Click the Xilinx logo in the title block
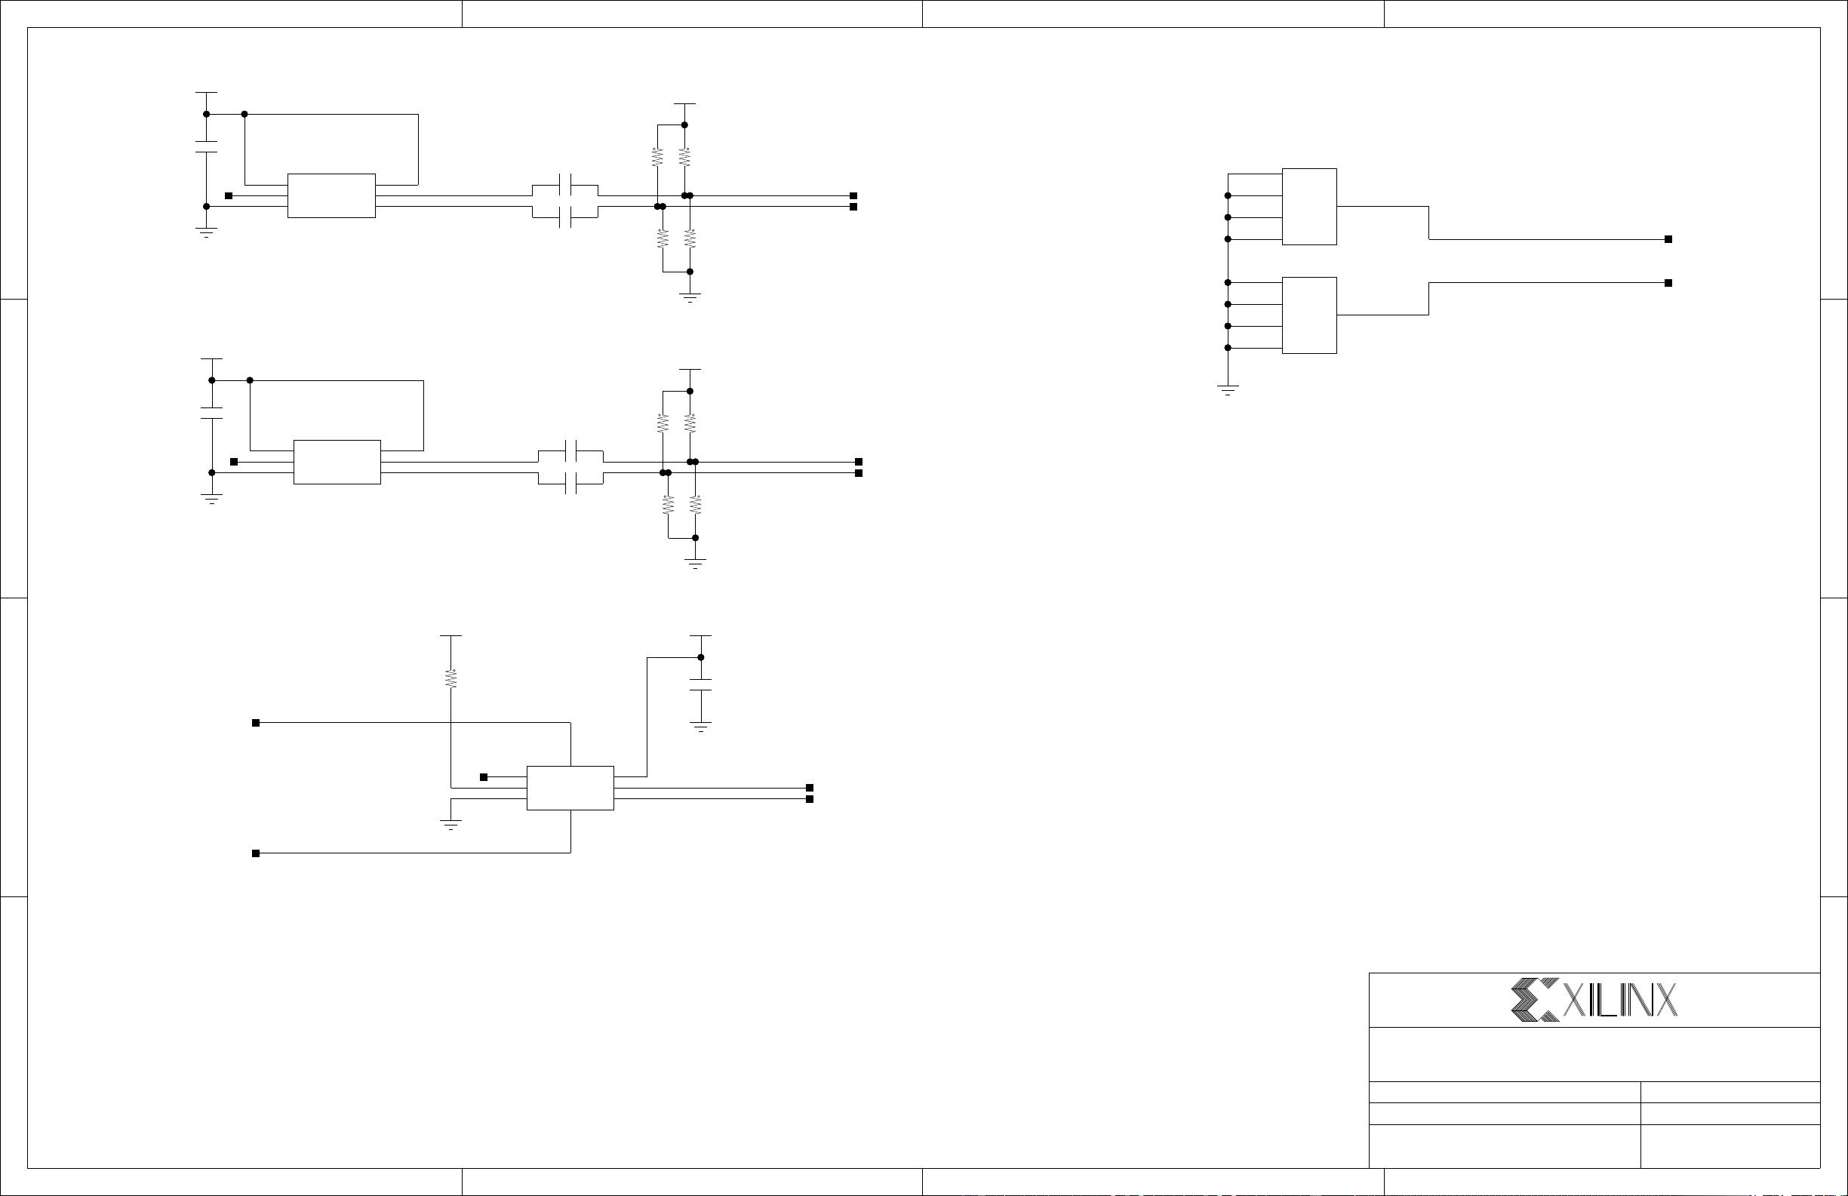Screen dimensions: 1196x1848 (x=1593, y=1000)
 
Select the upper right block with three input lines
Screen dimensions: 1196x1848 (x=1309, y=207)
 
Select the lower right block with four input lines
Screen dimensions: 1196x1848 (x=1309, y=315)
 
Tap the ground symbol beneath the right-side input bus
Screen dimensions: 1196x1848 (x=1228, y=389)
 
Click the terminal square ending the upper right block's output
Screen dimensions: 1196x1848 (x=1668, y=239)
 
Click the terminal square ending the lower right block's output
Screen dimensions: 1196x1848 (x=1668, y=283)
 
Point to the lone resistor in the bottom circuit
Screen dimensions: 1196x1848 (x=450, y=678)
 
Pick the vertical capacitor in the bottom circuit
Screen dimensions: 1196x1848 (x=700, y=684)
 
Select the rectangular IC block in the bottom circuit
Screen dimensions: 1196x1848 (x=570, y=788)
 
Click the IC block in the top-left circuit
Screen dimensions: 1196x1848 (x=331, y=195)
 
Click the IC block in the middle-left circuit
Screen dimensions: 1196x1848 (x=337, y=462)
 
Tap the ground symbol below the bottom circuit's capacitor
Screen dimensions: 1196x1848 (x=700, y=727)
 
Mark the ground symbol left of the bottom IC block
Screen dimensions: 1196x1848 (x=450, y=824)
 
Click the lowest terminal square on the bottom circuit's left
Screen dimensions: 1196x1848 (x=256, y=853)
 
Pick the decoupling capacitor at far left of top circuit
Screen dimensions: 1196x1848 (x=206, y=147)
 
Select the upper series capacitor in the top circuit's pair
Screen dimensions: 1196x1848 (x=565, y=186)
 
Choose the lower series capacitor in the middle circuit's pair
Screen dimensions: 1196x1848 (x=570, y=483)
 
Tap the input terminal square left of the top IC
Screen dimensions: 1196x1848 (x=229, y=195)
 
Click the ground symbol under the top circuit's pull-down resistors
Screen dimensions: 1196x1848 (x=690, y=297)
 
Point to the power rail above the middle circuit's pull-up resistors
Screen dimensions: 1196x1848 (x=690, y=370)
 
